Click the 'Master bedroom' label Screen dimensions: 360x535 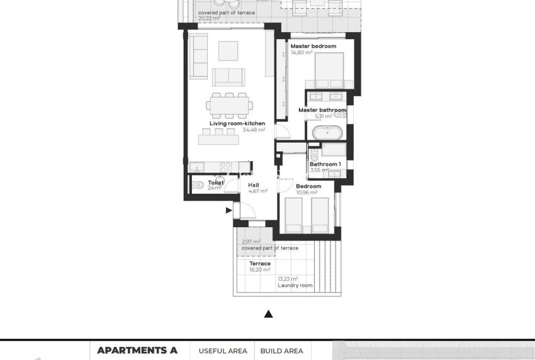click(313, 46)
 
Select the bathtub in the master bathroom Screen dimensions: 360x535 click(326, 133)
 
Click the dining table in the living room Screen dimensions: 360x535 click(230, 106)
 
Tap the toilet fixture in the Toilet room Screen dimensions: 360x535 click(198, 184)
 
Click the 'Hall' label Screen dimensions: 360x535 click(253, 184)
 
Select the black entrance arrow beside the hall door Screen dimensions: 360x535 click(228, 211)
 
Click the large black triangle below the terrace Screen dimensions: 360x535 click(268, 313)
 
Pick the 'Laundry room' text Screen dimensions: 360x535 click(295, 286)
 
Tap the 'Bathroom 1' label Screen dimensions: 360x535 click(324, 164)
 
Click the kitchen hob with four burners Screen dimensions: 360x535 click(224, 167)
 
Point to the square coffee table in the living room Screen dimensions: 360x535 click(228, 50)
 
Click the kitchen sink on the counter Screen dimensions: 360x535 click(196, 167)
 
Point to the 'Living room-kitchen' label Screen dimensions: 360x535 click(237, 123)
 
